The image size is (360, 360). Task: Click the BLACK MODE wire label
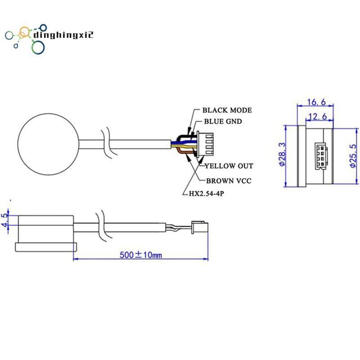tap(227, 110)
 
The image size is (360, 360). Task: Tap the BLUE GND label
tap(223, 121)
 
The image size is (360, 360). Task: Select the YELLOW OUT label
tap(229, 166)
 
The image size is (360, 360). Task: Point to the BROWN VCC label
tap(229, 181)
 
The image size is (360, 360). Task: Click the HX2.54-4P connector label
tap(206, 193)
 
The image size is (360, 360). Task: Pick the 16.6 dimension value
tap(316, 102)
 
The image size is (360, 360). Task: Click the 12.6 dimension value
tap(318, 117)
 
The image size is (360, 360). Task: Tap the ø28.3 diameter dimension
tap(282, 154)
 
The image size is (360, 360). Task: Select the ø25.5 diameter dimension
tap(354, 156)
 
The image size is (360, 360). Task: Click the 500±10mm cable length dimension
tap(141, 255)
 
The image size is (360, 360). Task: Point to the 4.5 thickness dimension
tap(4, 220)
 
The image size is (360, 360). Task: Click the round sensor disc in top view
tap(48, 144)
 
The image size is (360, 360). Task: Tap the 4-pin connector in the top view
tap(205, 145)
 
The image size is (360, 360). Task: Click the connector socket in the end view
tap(321, 156)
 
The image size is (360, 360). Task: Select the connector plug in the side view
tap(200, 227)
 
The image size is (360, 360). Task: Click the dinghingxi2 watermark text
tap(63, 35)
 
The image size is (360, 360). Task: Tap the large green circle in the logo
tap(38, 47)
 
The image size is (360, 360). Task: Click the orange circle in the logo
tap(24, 33)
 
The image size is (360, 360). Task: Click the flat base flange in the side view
tap(46, 247)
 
